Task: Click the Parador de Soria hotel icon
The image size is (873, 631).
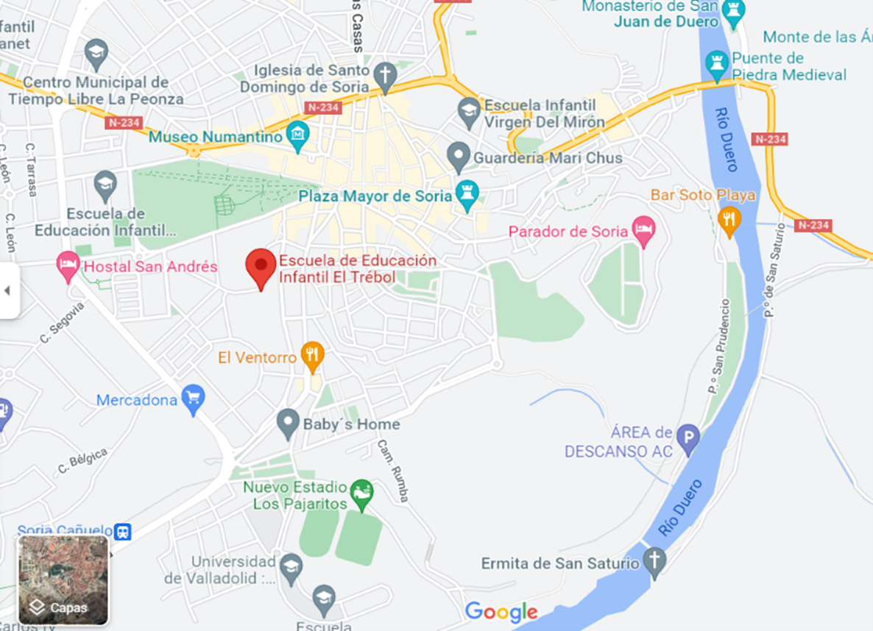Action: (x=643, y=229)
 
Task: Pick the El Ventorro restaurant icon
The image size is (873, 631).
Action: (x=313, y=357)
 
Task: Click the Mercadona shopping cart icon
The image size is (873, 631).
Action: (x=193, y=398)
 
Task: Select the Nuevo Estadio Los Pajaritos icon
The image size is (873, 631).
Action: (x=361, y=491)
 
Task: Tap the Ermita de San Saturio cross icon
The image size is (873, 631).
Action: (x=654, y=561)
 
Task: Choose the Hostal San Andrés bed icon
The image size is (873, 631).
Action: (x=68, y=265)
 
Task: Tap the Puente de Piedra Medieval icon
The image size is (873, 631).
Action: (x=717, y=65)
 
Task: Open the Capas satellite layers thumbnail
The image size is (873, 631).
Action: (x=63, y=580)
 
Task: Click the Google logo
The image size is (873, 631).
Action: (x=501, y=612)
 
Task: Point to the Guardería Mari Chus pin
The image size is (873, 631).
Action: (x=459, y=157)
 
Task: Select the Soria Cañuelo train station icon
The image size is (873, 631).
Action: (x=123, y=531)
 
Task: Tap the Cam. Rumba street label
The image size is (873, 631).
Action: (x=393, y=471)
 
